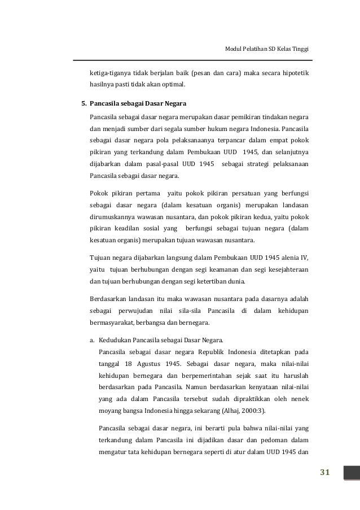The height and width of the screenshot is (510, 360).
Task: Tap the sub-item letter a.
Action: [x=92, y=341]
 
